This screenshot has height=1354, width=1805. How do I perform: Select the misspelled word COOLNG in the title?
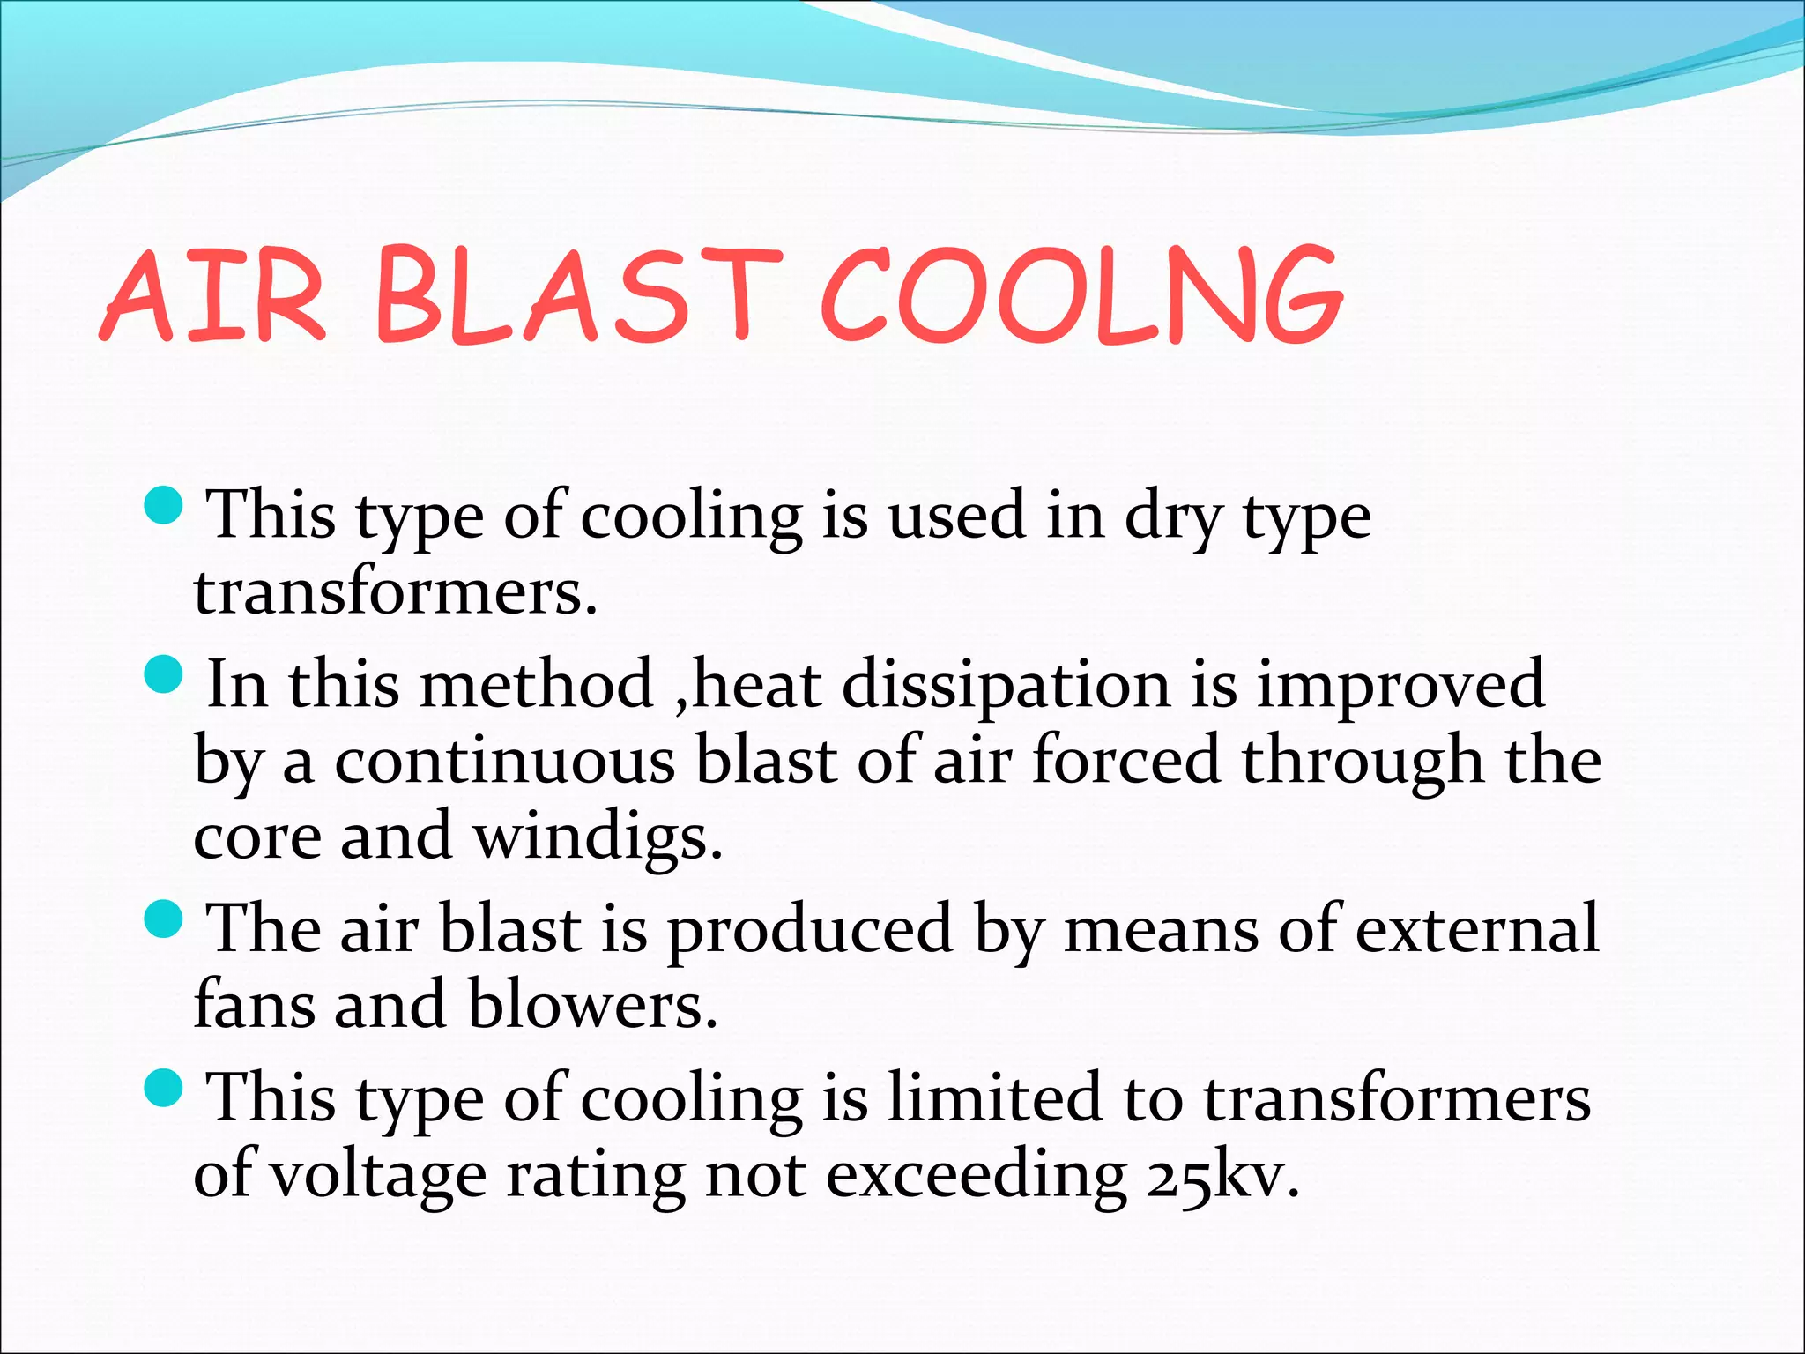(1081, 296)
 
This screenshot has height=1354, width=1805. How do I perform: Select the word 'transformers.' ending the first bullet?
(396, 592)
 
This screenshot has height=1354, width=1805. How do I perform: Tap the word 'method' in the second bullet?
(536, 684)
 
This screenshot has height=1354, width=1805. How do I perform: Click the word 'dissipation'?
(1006, 684)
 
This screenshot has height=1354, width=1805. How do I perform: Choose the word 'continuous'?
(505, 761)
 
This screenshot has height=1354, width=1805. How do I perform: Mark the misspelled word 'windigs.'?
(598, 837)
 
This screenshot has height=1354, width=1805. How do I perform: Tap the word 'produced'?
(809, 929)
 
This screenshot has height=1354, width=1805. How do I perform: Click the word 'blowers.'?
(593, 1005)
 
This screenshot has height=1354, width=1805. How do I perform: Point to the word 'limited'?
(995, 1098)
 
